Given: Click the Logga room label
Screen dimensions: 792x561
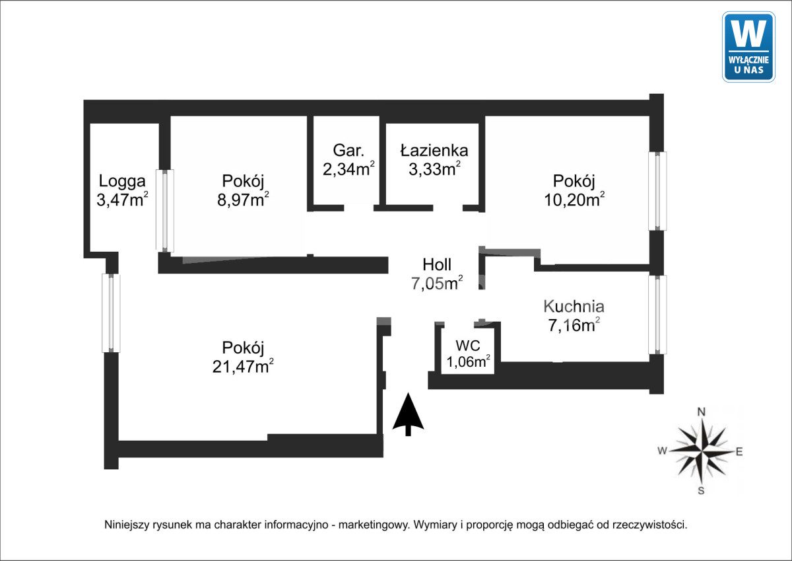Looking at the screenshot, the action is coord(122,181).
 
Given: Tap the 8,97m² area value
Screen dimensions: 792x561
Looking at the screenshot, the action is coord(243,200).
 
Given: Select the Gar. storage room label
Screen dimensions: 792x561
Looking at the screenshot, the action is coord(348,151).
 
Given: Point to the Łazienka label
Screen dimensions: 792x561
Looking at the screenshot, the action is coord(434,150).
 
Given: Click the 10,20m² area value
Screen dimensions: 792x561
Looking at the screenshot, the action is coord(574,200).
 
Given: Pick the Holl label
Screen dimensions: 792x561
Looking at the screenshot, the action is coord(437,264).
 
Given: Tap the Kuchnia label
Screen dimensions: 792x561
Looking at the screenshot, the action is coord(574,307).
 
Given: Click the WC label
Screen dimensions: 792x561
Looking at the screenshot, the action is coord(468,346).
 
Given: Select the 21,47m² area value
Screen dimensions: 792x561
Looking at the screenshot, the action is coord(243,366).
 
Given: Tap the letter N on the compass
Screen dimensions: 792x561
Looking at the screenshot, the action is coord(701,412).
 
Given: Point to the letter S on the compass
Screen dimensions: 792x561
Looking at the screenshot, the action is coord(701,490).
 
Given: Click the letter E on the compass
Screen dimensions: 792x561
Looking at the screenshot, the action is coord(739,451).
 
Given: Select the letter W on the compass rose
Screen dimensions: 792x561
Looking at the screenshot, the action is coord(662,451).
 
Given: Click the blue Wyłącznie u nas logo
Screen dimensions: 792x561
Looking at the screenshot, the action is coord(748,47).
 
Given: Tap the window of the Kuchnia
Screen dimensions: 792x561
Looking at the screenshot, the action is coord(657,315).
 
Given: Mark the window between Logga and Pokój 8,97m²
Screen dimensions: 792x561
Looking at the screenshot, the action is coord(165,211).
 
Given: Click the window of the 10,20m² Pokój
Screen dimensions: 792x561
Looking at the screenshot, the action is coord(657,191).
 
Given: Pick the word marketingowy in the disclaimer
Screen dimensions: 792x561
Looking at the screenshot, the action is coord(373,525).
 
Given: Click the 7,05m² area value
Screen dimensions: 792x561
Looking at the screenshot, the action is coord(437,283).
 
